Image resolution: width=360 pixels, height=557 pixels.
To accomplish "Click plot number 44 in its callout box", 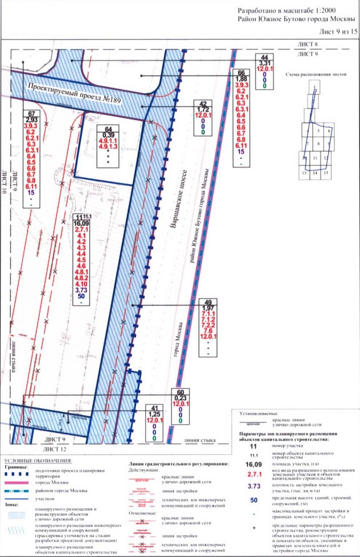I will pyautogui.click(x=263, y=58).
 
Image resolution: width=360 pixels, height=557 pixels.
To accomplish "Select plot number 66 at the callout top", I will pyautogui.click(x=241, y=73).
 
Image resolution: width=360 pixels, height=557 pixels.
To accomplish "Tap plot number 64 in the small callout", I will pyautogui.click(x=108, y=128).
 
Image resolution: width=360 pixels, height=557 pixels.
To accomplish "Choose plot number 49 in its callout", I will pyautogui.click(x=207, y=301).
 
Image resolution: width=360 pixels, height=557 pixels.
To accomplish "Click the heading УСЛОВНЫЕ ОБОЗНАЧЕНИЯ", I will pyautogui.click(x=37, y=459).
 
